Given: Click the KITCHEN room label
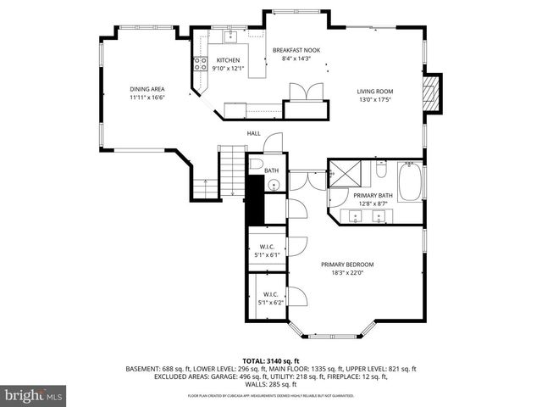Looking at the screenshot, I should pyautogui.click(x=228, y=60).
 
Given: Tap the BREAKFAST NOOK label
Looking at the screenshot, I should pyautogui.click(x=296, y=50).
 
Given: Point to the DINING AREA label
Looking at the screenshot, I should pyautogui.click(x=147, y=89).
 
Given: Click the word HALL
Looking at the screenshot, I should pyautogui.click(x=253, y=133).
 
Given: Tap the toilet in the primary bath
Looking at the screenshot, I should pyautogui.click(x=382, y=172).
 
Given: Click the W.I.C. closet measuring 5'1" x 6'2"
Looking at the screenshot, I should pyautogui.click(x=270, y=298).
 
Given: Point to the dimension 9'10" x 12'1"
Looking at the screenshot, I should pyautogui.click(x=228, y=69).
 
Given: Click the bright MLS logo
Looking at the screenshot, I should pyautogui.click(x=35, y=395).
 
